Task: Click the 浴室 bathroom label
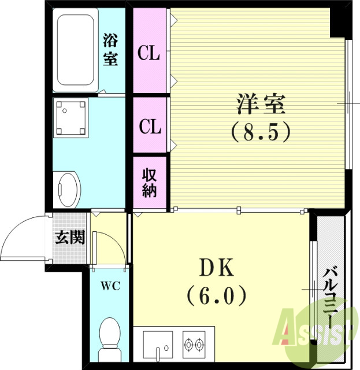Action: point(110,50)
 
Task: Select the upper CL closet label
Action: point(149,54)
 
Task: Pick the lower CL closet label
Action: point(149,126)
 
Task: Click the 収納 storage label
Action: point(149,183)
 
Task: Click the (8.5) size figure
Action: point(260,133)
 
